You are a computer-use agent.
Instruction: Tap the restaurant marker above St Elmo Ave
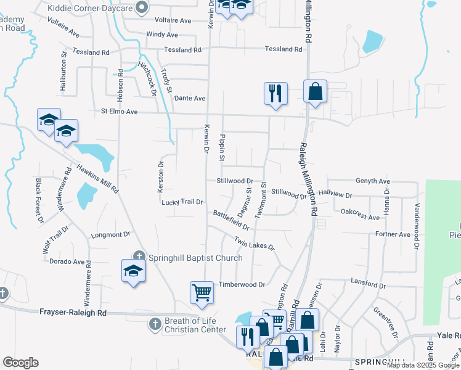275,94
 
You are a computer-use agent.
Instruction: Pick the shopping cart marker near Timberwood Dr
202,292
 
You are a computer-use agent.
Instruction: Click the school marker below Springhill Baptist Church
133,272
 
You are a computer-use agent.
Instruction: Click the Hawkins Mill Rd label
97,179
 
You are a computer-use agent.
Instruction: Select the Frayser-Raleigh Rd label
73,313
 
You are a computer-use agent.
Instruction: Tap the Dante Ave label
190,98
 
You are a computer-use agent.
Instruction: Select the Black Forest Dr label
39,200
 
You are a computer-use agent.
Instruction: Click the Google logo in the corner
20,362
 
